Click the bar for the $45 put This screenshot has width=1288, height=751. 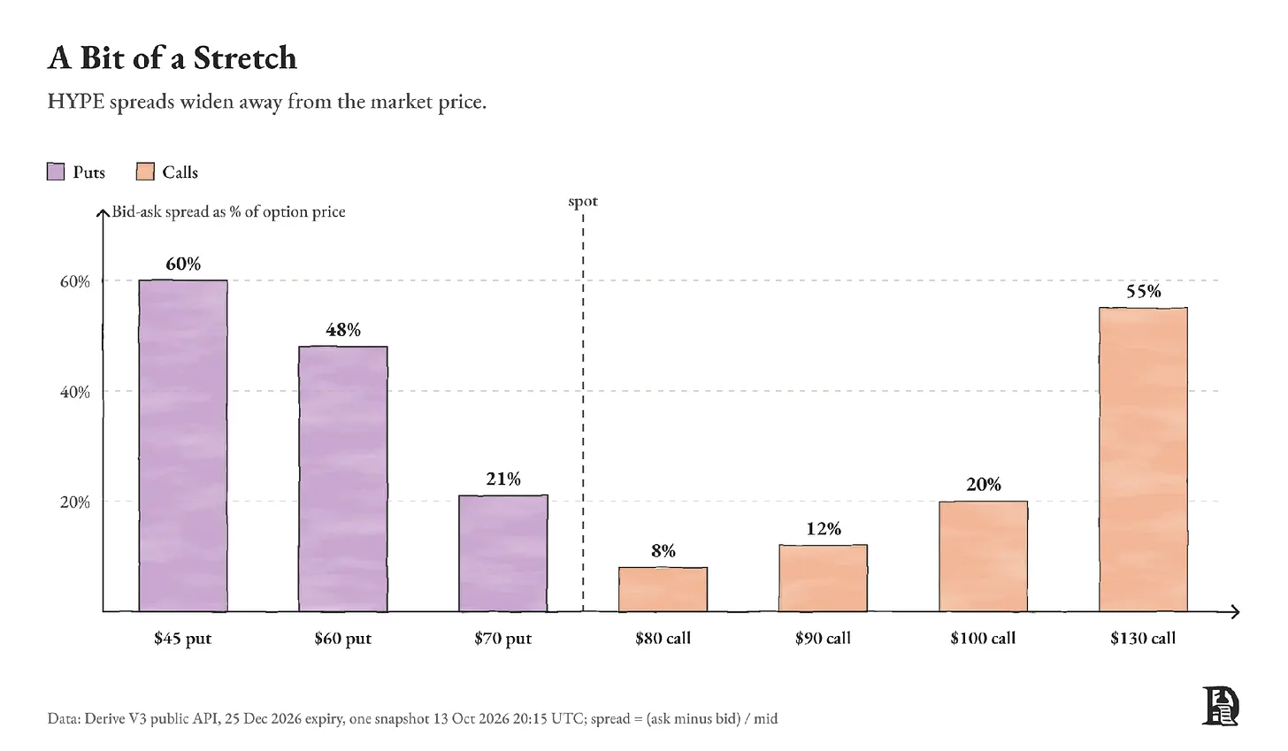[x=183, y=446]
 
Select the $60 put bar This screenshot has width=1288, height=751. [x=342, y=479]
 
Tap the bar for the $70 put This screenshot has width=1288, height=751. [x=503, y=553]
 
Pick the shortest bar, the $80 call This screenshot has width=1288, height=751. [x=663, y=589]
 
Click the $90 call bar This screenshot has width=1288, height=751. [x=823, y=578]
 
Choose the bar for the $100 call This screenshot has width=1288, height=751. [x=984, y=556]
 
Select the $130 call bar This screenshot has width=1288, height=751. [x=1143, y=459]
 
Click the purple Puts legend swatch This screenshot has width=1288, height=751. [x=56, y=172]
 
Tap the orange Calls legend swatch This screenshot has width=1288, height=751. [x=145, y=172]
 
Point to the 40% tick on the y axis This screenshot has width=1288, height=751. [x=74, y=392]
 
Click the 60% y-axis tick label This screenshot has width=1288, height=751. [x=74, y=282]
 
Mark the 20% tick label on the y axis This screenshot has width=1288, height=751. [x=74, y=502]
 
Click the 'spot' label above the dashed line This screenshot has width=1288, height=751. [x=583, y=202]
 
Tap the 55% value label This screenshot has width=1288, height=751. [x=1143, y=292]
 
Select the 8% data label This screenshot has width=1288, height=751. [x=663, y=551]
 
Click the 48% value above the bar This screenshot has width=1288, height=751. [x=343, y=330]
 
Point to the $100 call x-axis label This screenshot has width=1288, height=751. [x=984, y=639]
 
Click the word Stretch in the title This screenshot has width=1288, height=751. [x=245, y=58]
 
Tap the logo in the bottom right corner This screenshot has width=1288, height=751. [x=1220, y=706]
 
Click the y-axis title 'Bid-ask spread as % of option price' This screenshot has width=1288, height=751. [x=228, y=212]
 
